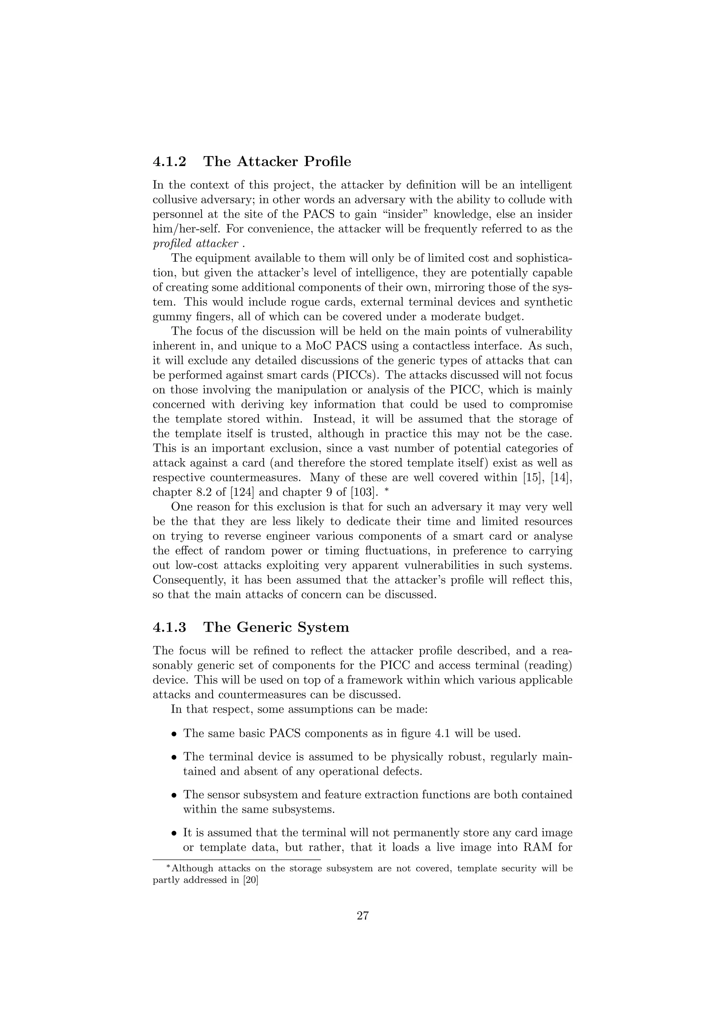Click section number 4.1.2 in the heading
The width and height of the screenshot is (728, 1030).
tap(170, 162)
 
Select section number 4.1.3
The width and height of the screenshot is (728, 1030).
tap(170, 627)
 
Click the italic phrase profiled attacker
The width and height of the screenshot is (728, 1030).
tap(196, 244)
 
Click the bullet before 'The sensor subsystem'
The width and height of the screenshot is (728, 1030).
tap(175, 795)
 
